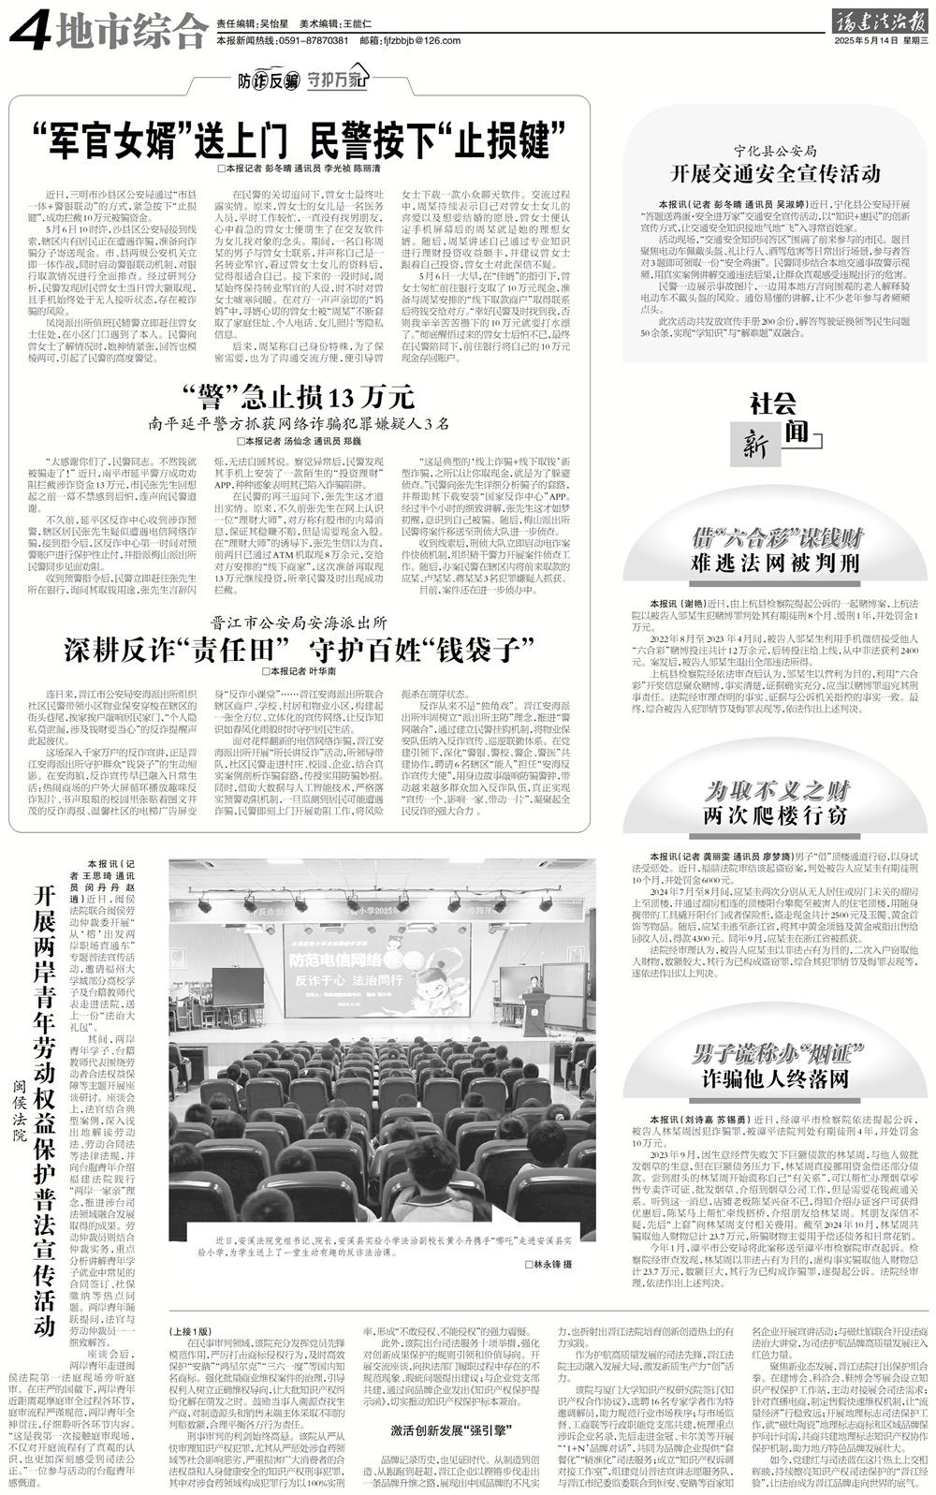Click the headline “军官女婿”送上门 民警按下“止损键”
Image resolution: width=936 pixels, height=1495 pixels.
pyautogui.click(x=300, y=140)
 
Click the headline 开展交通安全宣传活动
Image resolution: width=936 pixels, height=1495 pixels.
pyautogui.click(x=775, y=173)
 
